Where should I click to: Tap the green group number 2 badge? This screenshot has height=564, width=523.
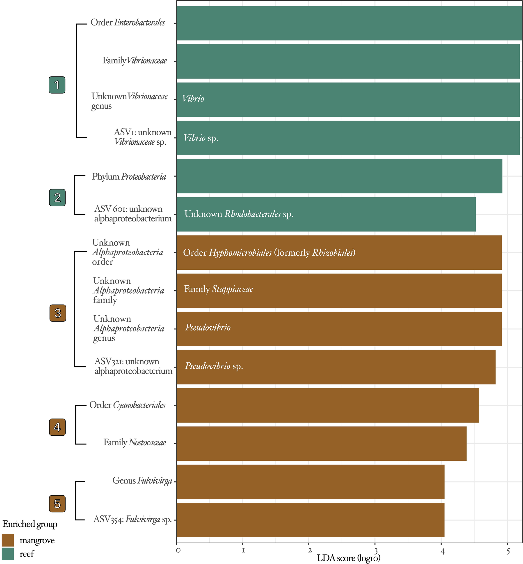(x=57, y=197)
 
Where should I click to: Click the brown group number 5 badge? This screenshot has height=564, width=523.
(x=57, y=504)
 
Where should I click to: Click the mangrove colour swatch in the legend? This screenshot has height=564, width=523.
(x=8, y=540)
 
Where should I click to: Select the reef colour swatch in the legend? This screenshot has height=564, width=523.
(x=8, y=554)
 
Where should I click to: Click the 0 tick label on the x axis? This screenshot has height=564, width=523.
(x=178, y=551)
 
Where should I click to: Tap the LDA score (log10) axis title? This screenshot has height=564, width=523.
(x=349, y=558)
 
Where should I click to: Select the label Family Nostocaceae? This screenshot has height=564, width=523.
(x=135, y=442)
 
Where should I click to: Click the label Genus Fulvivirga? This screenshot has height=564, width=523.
(x=142, y=481)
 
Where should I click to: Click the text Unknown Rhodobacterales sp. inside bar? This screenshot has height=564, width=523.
(x=239, y=214)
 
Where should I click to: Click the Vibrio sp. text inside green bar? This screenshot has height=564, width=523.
(x=201, y=138)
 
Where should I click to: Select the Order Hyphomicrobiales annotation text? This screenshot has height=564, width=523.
(x=269, y=252)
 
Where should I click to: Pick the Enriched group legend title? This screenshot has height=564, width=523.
(x=30, y=524)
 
